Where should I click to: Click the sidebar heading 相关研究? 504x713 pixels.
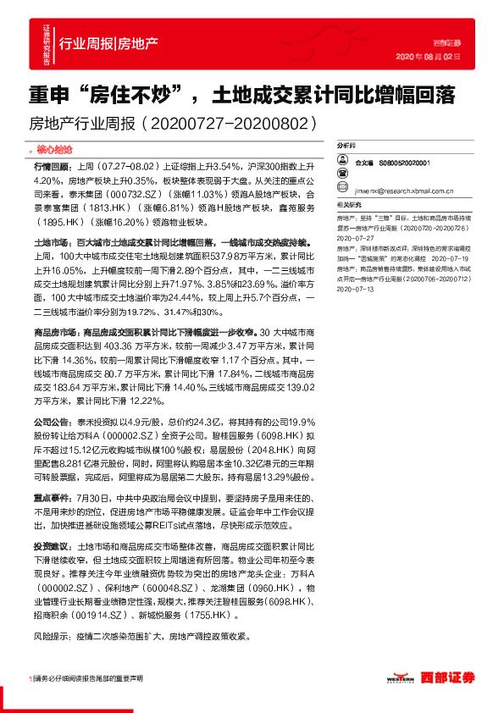[350, 204]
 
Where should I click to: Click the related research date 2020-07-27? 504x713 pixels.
[356, 238]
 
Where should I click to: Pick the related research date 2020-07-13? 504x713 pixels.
[356, 289]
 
